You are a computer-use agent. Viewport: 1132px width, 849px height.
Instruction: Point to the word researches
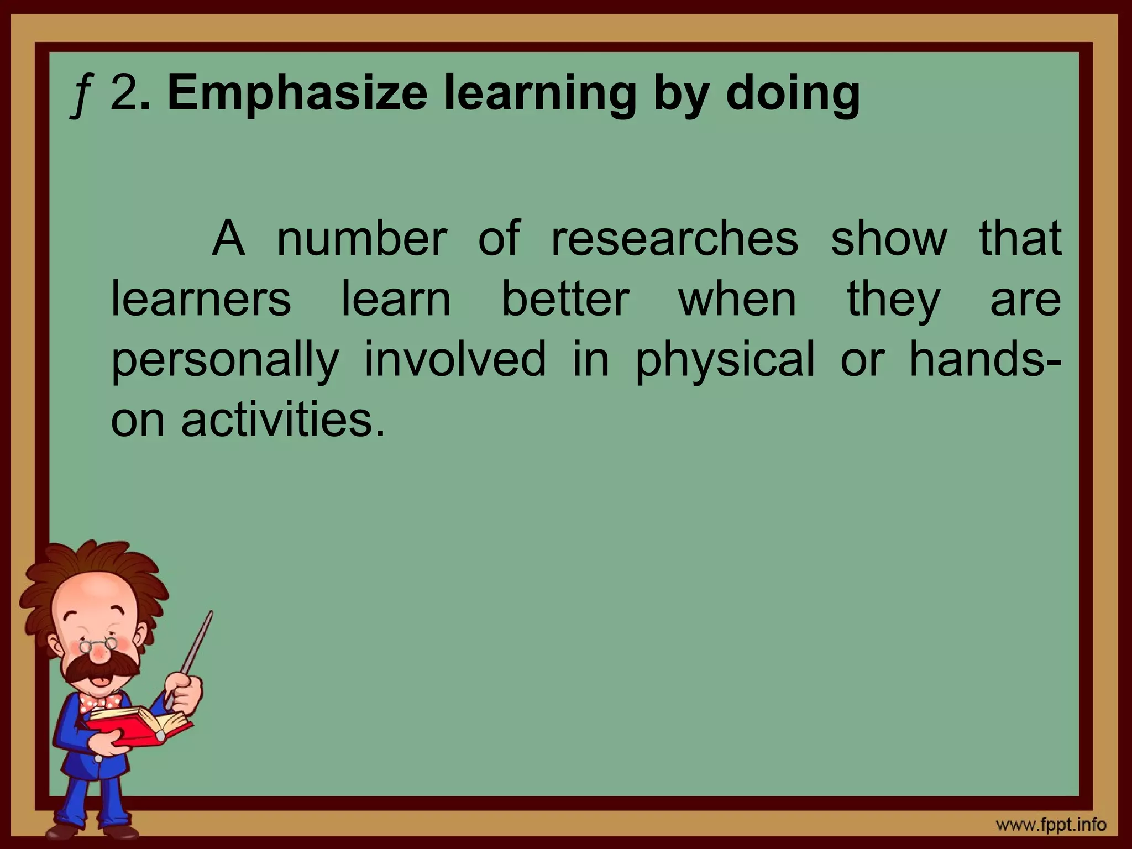pyautogui.click(x=675, y=239)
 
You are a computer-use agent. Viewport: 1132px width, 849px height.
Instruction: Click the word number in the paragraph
pyautogui.click(x=361, y=239)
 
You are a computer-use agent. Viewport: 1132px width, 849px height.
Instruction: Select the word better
pyautogui.click(x=565, y=299)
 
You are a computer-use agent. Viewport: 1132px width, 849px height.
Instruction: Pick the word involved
pyautogui.click(x=455, y=359)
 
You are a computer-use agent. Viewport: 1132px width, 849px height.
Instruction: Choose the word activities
pyautogui.click(x=282, y=420)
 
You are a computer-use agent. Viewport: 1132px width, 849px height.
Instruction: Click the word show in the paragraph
pyautogui.click(x=889, y=239)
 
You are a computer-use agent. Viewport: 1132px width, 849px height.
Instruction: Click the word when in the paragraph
pyautogui.click(x=737, y=299)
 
